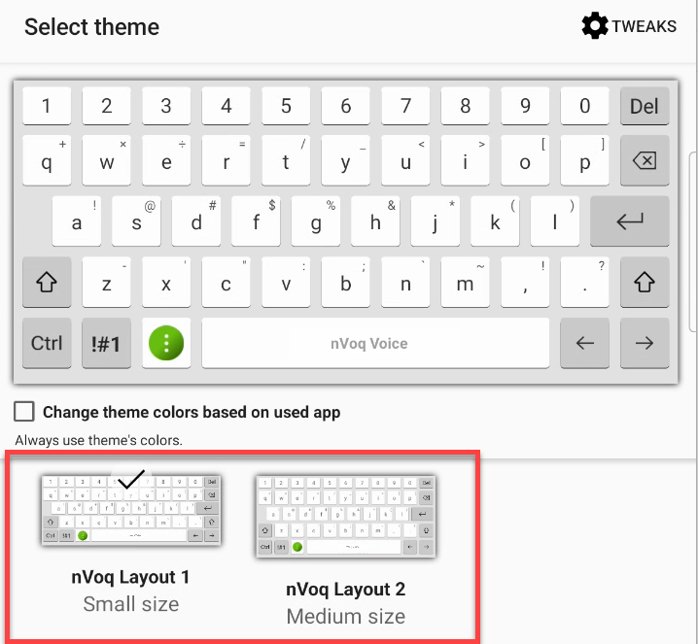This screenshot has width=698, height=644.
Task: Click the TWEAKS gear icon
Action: point(594,26)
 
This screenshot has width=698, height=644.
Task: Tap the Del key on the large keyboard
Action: point(645,106)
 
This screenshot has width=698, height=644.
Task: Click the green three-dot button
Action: point(166,343)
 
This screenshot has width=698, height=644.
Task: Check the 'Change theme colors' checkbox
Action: point(25,412)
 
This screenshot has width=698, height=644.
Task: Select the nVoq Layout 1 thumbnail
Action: point(131,509)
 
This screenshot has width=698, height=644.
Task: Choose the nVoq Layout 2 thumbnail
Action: point(345,516)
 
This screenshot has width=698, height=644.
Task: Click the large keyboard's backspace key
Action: point(645,161)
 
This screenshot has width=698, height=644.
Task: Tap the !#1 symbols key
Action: point(107,343)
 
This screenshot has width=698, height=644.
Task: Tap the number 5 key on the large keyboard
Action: point(286,106)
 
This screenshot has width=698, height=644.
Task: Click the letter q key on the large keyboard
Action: point(47,161)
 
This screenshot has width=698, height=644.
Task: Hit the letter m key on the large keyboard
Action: point(466,283)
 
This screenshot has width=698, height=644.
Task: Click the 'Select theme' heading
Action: point(91,26)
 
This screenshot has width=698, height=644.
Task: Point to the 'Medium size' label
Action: point(345,616)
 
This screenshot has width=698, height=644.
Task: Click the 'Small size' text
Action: point(131,604)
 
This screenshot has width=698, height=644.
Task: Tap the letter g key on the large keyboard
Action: point(316,222)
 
